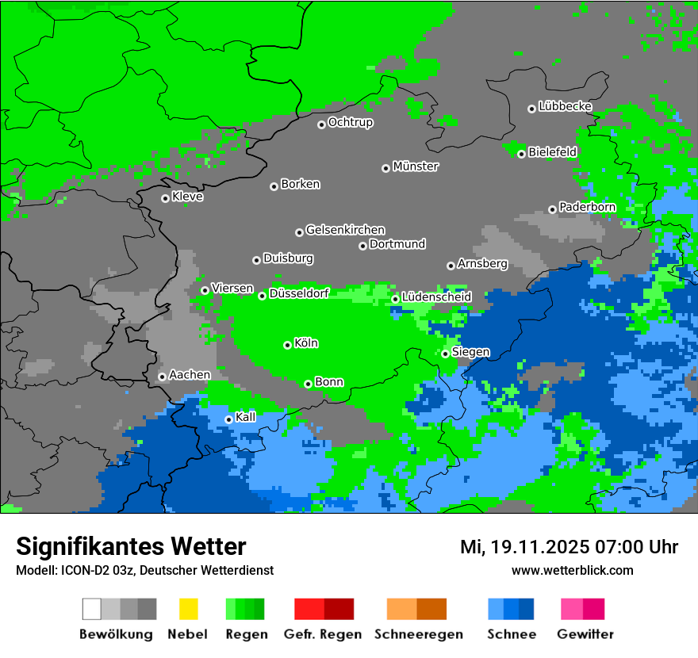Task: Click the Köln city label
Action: (x=306, y=343)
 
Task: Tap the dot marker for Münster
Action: (x=385, y=168)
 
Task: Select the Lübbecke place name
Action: (x=565, y=106)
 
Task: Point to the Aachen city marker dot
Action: (x=162, y=377)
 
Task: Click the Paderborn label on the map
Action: (x=587, y=207)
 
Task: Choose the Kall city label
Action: (x=246, y=417)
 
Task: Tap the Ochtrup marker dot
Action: (x=321, y=124)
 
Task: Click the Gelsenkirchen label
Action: (x=345, y=230)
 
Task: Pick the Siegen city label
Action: (x=470, y=352)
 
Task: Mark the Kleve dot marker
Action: (x=165, y=198)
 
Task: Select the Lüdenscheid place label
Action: (x=436, y=296)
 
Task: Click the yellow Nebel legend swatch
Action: (x=188, y=609)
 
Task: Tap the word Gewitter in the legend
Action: (x=585, y=634)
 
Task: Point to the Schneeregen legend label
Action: (x=418, y=634)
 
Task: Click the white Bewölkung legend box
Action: (x=92, y=609)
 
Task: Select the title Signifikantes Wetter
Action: (x=131, y=546)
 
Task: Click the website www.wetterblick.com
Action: (x=572, y=570)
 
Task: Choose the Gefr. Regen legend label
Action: (x=322, y=634)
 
